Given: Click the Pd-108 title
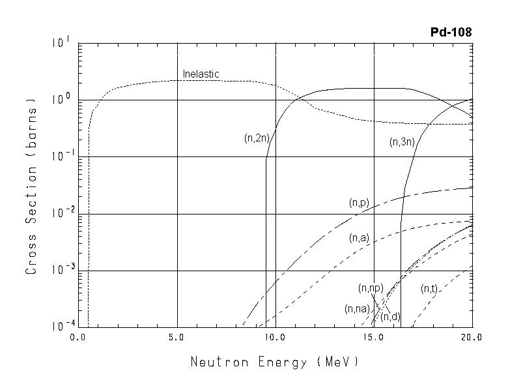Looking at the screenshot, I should coord(451,32).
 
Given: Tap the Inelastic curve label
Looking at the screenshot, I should coord(201,74).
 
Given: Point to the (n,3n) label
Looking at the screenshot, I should coord(402,142).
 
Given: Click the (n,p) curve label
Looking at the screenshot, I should coord(358,203).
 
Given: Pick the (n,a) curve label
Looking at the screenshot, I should coord(359,238).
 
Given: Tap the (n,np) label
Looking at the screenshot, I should coord(370,288).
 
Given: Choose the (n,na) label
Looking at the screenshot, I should coord(357,309).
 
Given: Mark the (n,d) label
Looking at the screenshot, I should coord(390,317).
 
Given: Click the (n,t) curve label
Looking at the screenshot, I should coord(429,289).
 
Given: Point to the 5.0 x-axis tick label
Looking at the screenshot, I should coord(177,338).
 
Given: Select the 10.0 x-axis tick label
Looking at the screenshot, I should coord(275,338).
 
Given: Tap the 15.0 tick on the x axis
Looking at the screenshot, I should coord(374,338).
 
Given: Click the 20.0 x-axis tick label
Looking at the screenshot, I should coord(472,338).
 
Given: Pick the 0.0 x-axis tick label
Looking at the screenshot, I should coord(79,338).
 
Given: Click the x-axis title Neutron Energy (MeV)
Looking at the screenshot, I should coord(274,362).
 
